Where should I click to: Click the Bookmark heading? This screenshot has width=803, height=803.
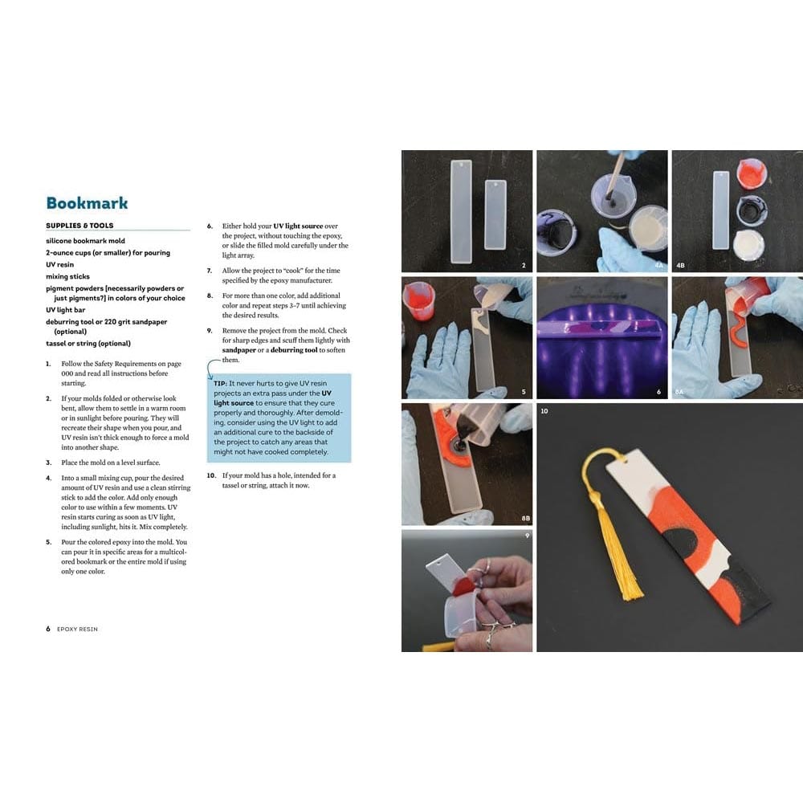click(x=87, y=203)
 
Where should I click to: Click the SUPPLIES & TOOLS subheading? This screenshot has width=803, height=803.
click(x=79, y=226)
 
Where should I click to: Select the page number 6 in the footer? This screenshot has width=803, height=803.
click(x=48, y=629)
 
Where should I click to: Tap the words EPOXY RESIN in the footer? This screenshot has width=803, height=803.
click(x=77, y=629)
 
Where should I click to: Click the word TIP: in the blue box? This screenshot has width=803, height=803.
click(x=221, y=383)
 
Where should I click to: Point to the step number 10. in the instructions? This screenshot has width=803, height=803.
click(x=211, y=475)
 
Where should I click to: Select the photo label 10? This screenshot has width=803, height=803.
click(x=544, y=411)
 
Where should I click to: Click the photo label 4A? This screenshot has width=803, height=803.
click(x=658, y=263)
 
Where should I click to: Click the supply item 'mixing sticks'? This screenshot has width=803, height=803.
click(x=67, y=276)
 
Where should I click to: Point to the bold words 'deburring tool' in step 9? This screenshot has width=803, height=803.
click(x=315, y=350)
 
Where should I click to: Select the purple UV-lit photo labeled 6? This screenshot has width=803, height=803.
click(x=602, y=337)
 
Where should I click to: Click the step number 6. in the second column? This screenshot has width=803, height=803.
click(x=210, y=226)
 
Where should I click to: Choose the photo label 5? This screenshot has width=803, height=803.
click(x=524, y=392)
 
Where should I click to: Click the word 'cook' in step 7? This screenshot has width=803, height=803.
click(x=292, y=271)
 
